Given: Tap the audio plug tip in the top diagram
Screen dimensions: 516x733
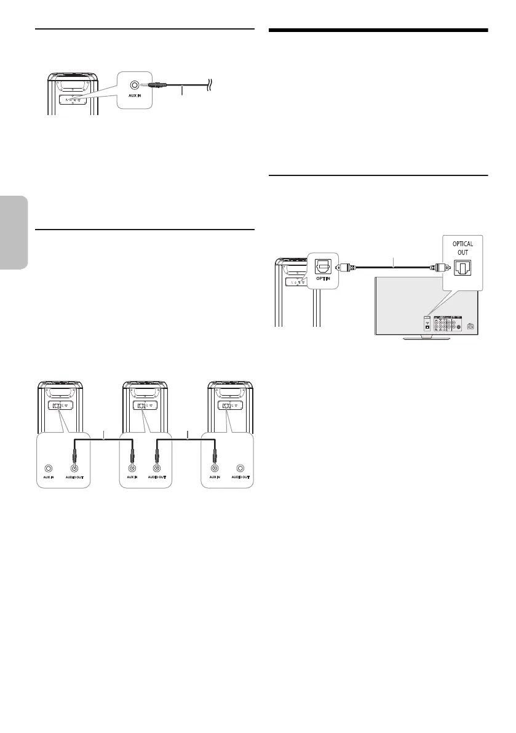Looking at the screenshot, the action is pyautogui.click(x=143, y=87).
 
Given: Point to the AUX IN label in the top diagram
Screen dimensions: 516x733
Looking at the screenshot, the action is pyautogui.click(x=133, y=102).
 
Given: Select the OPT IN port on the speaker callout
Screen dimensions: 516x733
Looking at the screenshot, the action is pyautogui.click(x=321, y=266).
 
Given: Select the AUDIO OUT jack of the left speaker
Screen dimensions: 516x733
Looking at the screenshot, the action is pyautogui.click(x=77, y=468).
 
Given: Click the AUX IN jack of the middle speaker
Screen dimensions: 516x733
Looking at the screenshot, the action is pyautogui.click(x=132, y=468).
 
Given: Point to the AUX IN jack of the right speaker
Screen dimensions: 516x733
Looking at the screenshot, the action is pyautogui.click(x=214, y=468).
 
